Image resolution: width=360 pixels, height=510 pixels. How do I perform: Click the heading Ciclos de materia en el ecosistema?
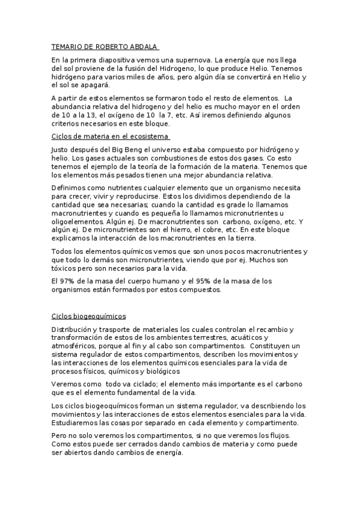[110, 137]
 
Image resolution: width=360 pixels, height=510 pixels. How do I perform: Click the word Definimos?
[69, 188]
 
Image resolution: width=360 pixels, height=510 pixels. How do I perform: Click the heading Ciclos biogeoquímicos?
[93, 316]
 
